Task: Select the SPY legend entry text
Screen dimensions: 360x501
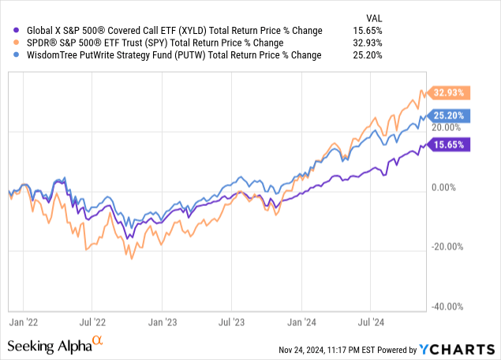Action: coord(166,43)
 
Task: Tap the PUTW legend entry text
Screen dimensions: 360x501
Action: coord(168,55)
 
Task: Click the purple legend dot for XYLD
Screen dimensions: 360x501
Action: coord(7,31)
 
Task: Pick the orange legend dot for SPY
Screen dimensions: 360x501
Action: coord(7,43)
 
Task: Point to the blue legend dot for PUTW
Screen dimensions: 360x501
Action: coord(7,55)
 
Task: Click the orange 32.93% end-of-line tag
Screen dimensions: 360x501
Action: coord(447,92)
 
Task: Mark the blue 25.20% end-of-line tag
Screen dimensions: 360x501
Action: coord(447,115)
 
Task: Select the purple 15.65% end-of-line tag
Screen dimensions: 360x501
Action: coord(447,144)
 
